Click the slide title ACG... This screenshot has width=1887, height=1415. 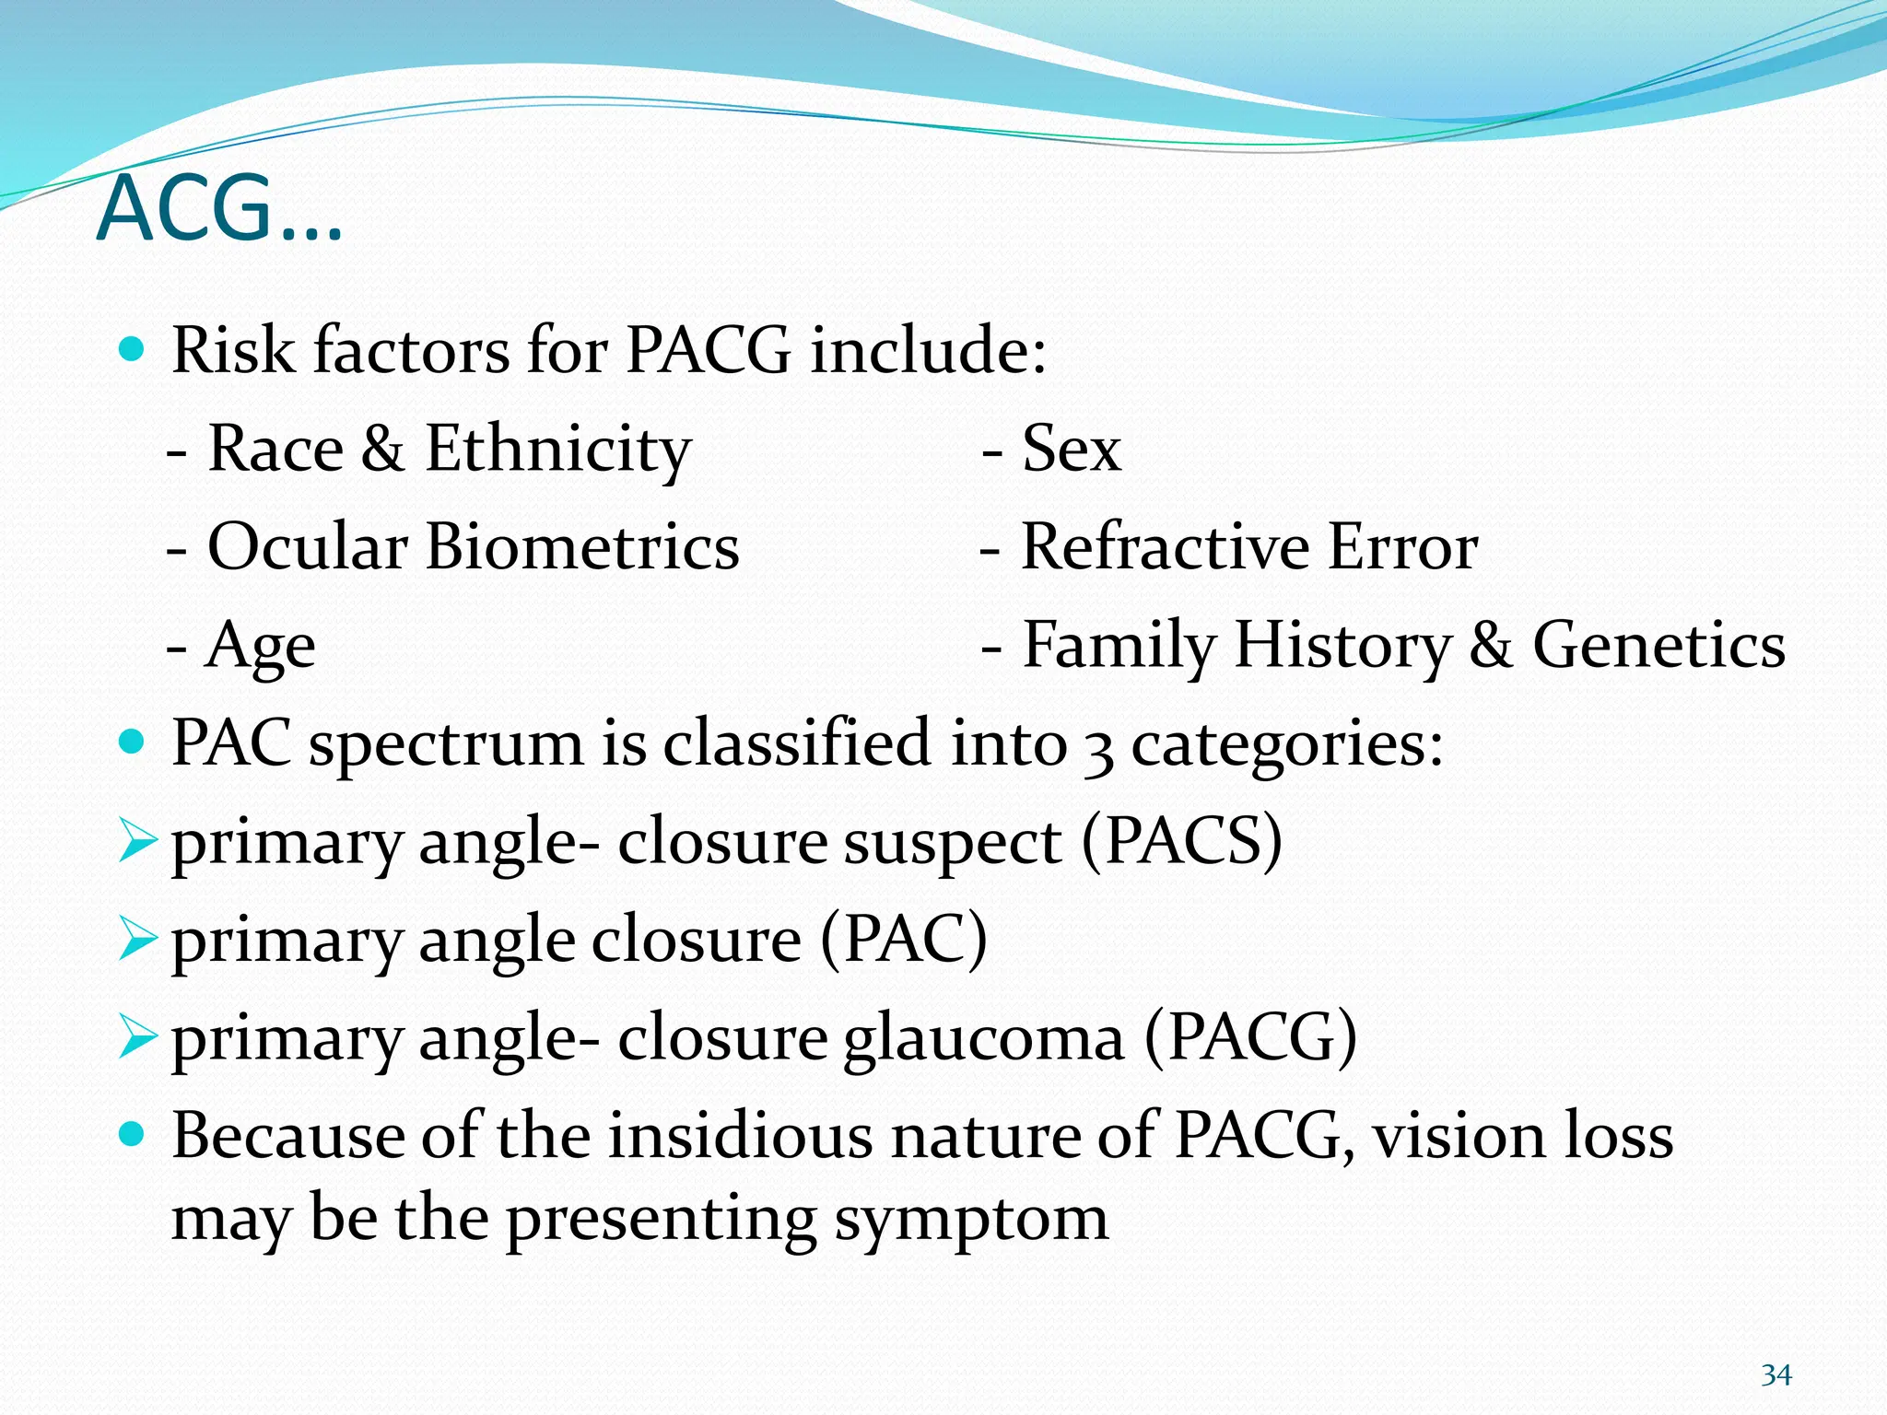click(219, 210)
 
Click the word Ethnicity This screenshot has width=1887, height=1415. click(557, 450)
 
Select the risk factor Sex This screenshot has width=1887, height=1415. click(1072, 449)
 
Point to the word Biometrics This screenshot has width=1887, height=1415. click(581, 547)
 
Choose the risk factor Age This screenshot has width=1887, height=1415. click(261, 647)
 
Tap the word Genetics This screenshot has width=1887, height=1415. click(1658, 645)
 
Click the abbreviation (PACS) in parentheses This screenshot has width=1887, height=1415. click(1181, 840)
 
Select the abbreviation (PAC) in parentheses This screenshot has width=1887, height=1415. click(903, 939)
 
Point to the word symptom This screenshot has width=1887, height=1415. click(971, 1220)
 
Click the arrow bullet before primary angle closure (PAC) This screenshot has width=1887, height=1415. click(138, 940)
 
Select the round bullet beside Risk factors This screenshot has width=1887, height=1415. click(134, 349)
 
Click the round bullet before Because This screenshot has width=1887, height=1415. click(134, 1134)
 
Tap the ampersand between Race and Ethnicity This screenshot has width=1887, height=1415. click(382, 449)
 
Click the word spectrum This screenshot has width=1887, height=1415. click(446, 745)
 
